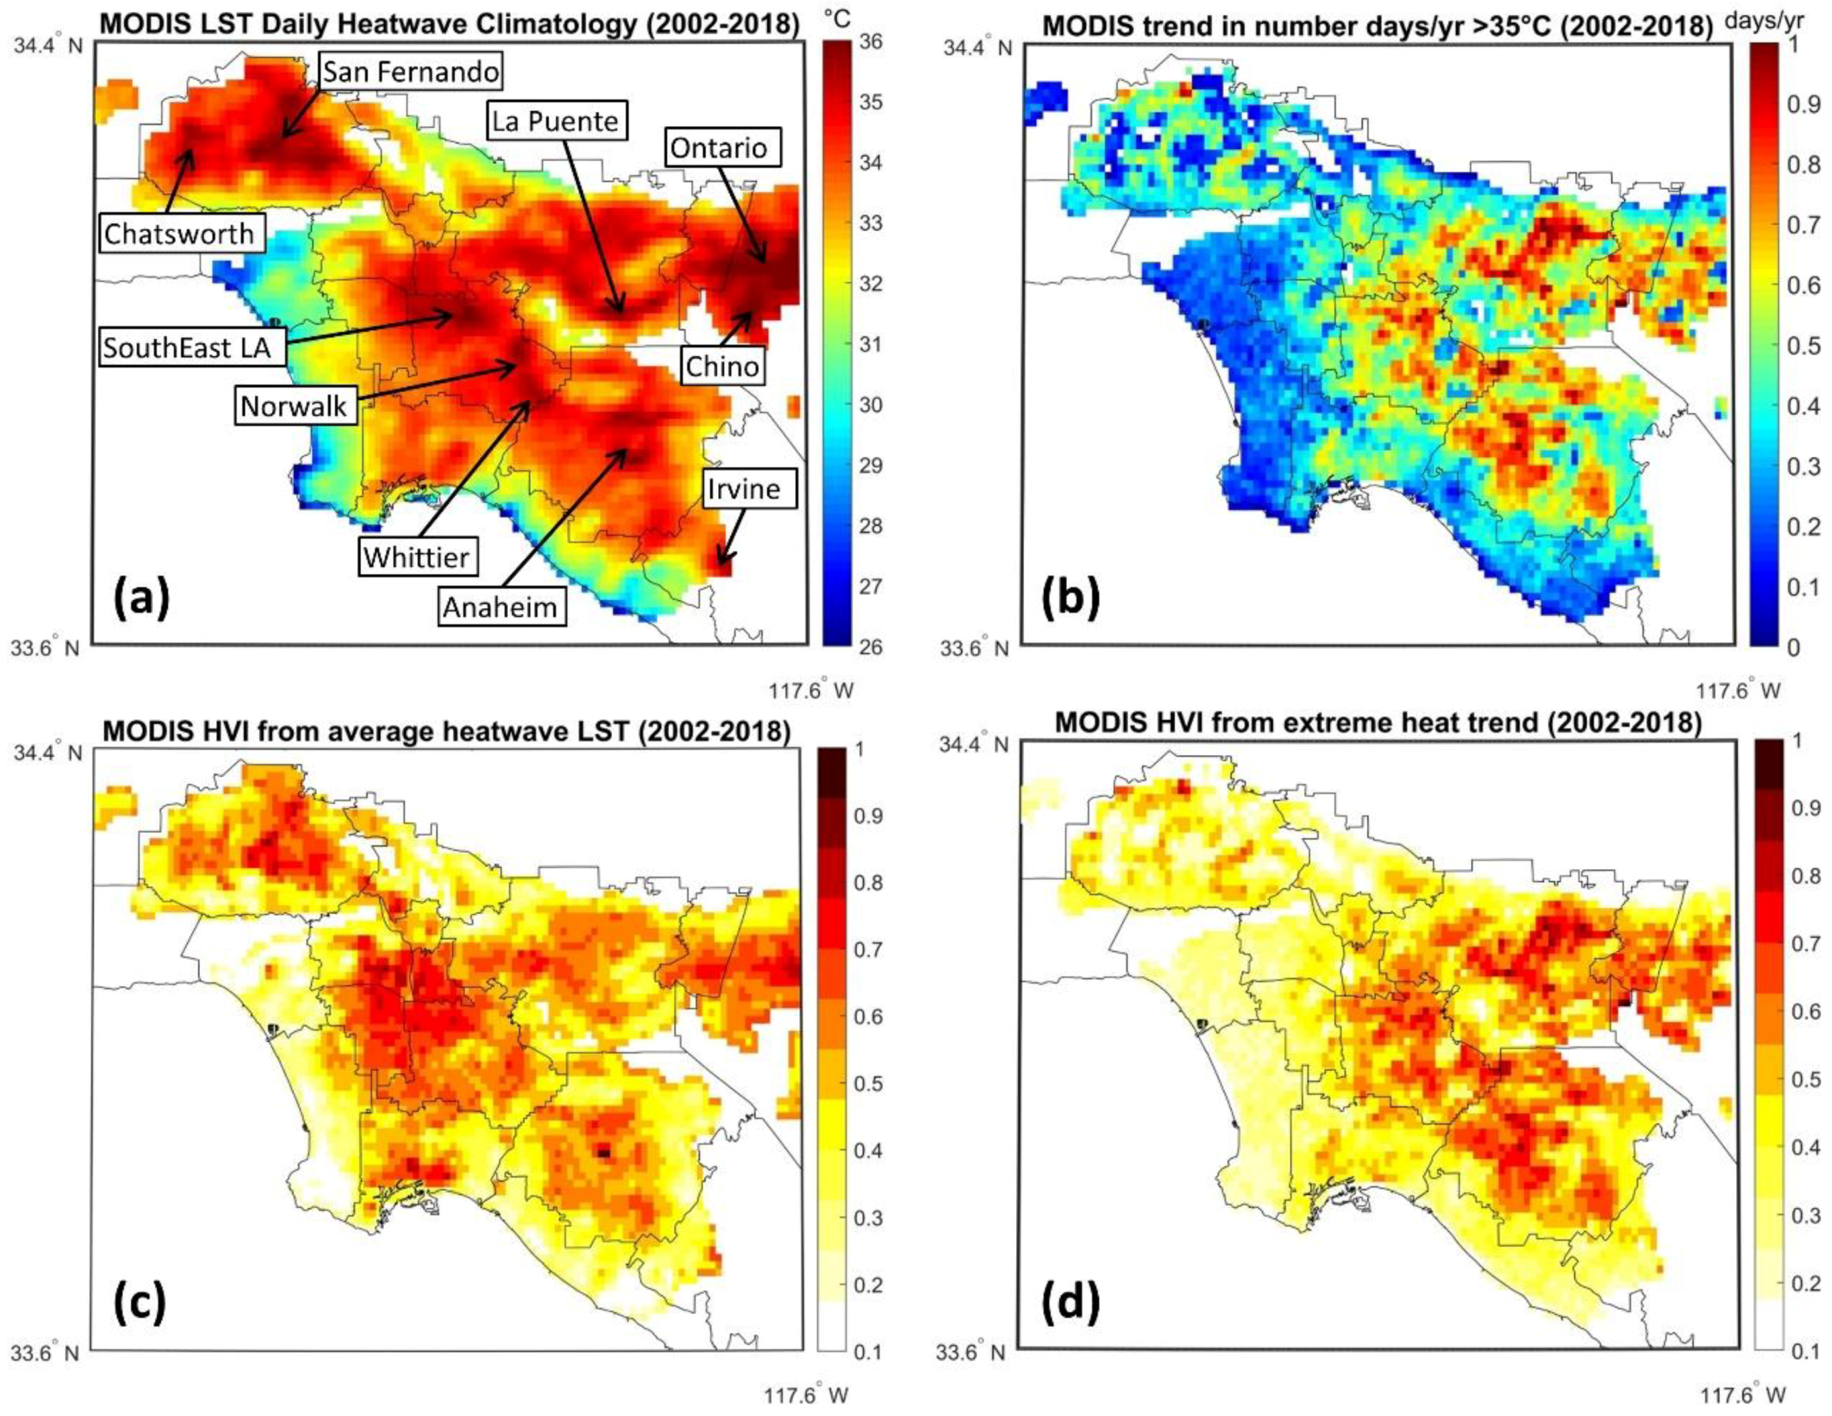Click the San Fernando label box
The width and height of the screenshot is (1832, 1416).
click(410, 72)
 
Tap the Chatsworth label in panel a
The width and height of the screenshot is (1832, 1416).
click(179, 234)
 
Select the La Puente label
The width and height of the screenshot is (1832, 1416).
click(556, 121)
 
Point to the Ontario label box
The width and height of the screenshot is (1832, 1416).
click(718, 148)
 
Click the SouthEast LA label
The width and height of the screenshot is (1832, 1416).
click(187, 346)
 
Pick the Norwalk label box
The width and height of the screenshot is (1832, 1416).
click(292, 407)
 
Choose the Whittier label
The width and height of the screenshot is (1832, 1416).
click(417, 556)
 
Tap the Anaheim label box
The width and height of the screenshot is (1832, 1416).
click(500, 607)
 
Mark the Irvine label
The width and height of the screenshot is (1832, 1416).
click(743, 488)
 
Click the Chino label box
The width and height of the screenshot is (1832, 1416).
click(722, 366)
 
